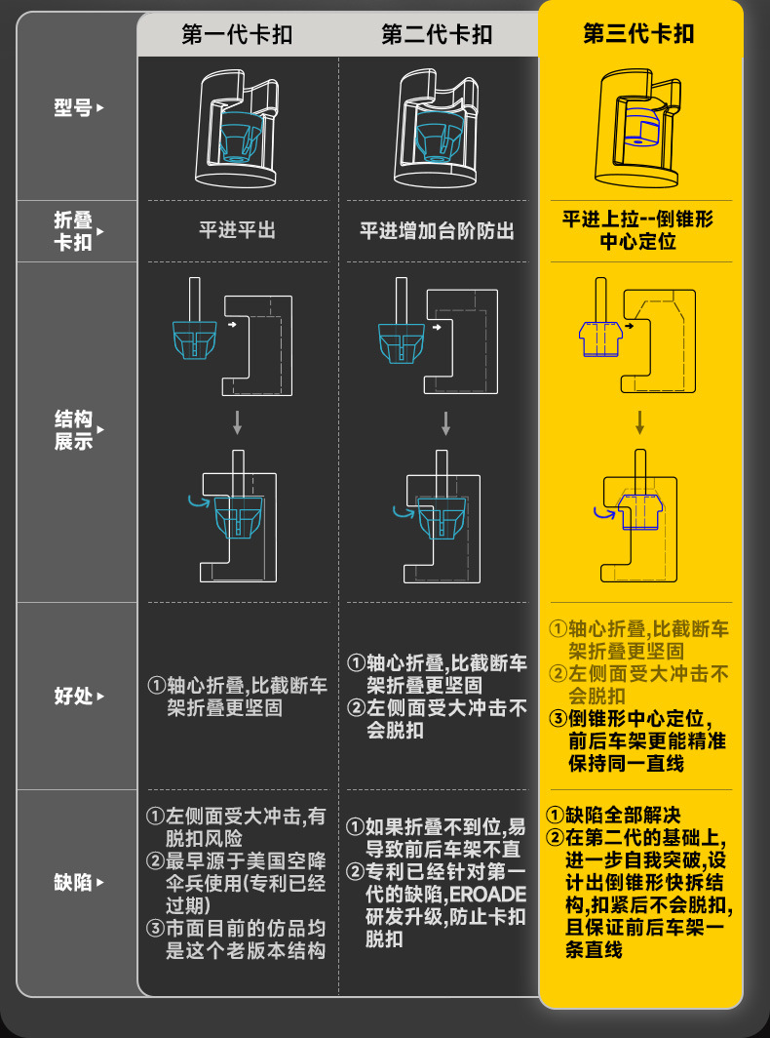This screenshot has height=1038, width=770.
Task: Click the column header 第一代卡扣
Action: tap(237, 36)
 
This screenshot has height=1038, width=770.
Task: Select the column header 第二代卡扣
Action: tap(437, 36)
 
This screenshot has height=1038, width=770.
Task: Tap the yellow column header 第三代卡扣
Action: tap(638, 34)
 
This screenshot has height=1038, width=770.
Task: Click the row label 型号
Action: tap(73, 107)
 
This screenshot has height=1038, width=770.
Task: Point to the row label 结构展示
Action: tap(73, 430)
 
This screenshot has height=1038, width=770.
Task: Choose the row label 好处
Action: tap(73, 697)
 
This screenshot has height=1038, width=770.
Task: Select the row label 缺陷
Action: tap(73, 883)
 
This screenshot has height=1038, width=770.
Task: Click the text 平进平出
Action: tap(237, 230)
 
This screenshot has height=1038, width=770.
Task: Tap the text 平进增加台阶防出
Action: tap(437, 231)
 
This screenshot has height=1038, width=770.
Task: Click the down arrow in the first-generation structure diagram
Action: tap(237, 422)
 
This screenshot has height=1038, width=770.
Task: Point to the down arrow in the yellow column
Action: tap(639, 422)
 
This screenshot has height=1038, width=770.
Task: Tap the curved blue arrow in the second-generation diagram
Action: tap(401, 509)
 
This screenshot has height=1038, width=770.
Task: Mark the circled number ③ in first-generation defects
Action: tap(154, 928)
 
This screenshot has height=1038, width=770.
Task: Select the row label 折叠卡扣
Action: tap(73, 231)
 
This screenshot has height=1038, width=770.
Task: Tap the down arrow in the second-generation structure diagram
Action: tap(445, 422)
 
